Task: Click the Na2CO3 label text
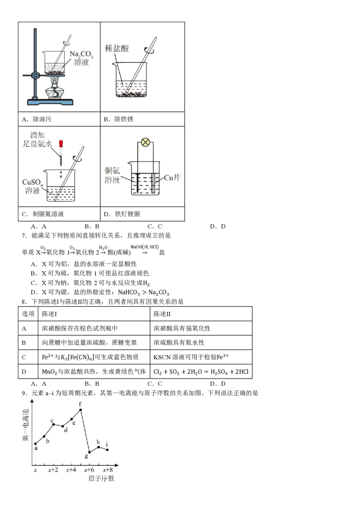pyautogui.click(x=81, y=55)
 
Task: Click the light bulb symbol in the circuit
pyautogui.click(x=145, y=143)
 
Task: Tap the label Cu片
pyautogui.click(x=171, y=178)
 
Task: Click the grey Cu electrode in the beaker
pyautogui.click(x=153, y=183)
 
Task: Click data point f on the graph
pyautogui.click(x=81, y=410)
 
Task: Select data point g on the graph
pyautogui.click(x=90, y=452)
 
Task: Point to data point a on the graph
pyautogui.click(x=35, y=444)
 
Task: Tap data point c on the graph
pyautogui.click(x=53, y=424)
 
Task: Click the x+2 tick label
pyautogui.click(x=53, y=470)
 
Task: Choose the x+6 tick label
pyautogui.click(x=89, y=470)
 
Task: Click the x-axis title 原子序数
pyautogui.click(x=101, y=478)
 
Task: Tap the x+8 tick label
pyautogui.click(x=107, y=470)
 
